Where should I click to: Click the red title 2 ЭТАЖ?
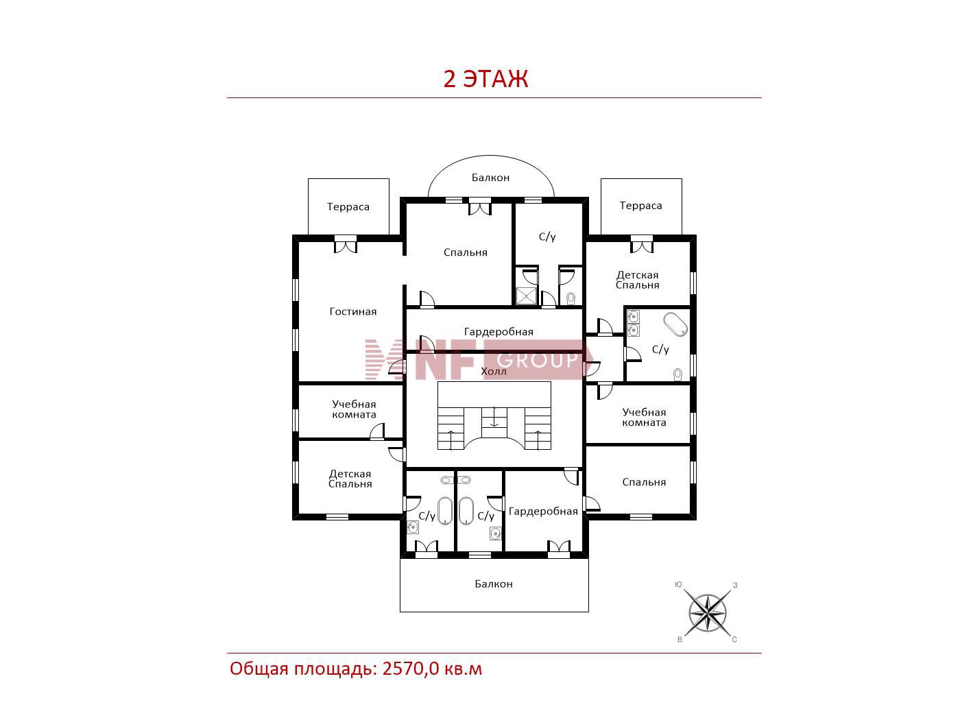(485, 79)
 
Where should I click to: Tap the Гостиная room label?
(352, 312)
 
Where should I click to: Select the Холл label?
(493, 372)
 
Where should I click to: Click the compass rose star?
(707, 612)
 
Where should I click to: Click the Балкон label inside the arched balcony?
(490, 178)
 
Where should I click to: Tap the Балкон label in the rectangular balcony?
(494, 584)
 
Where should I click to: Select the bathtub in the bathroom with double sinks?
(675, 324)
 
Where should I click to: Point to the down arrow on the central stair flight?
(494, 417)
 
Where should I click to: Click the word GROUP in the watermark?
(537, 360)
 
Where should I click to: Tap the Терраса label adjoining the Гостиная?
(348, 207)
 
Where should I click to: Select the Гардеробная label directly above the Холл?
(499, 332)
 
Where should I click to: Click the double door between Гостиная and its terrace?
(346, 245)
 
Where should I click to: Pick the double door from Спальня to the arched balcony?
(480, 207)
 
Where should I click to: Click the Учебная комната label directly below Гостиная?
(354, 409)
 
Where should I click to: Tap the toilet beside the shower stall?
(571, 298)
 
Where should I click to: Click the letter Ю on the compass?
(678, 585)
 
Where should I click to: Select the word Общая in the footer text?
(259, 669)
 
